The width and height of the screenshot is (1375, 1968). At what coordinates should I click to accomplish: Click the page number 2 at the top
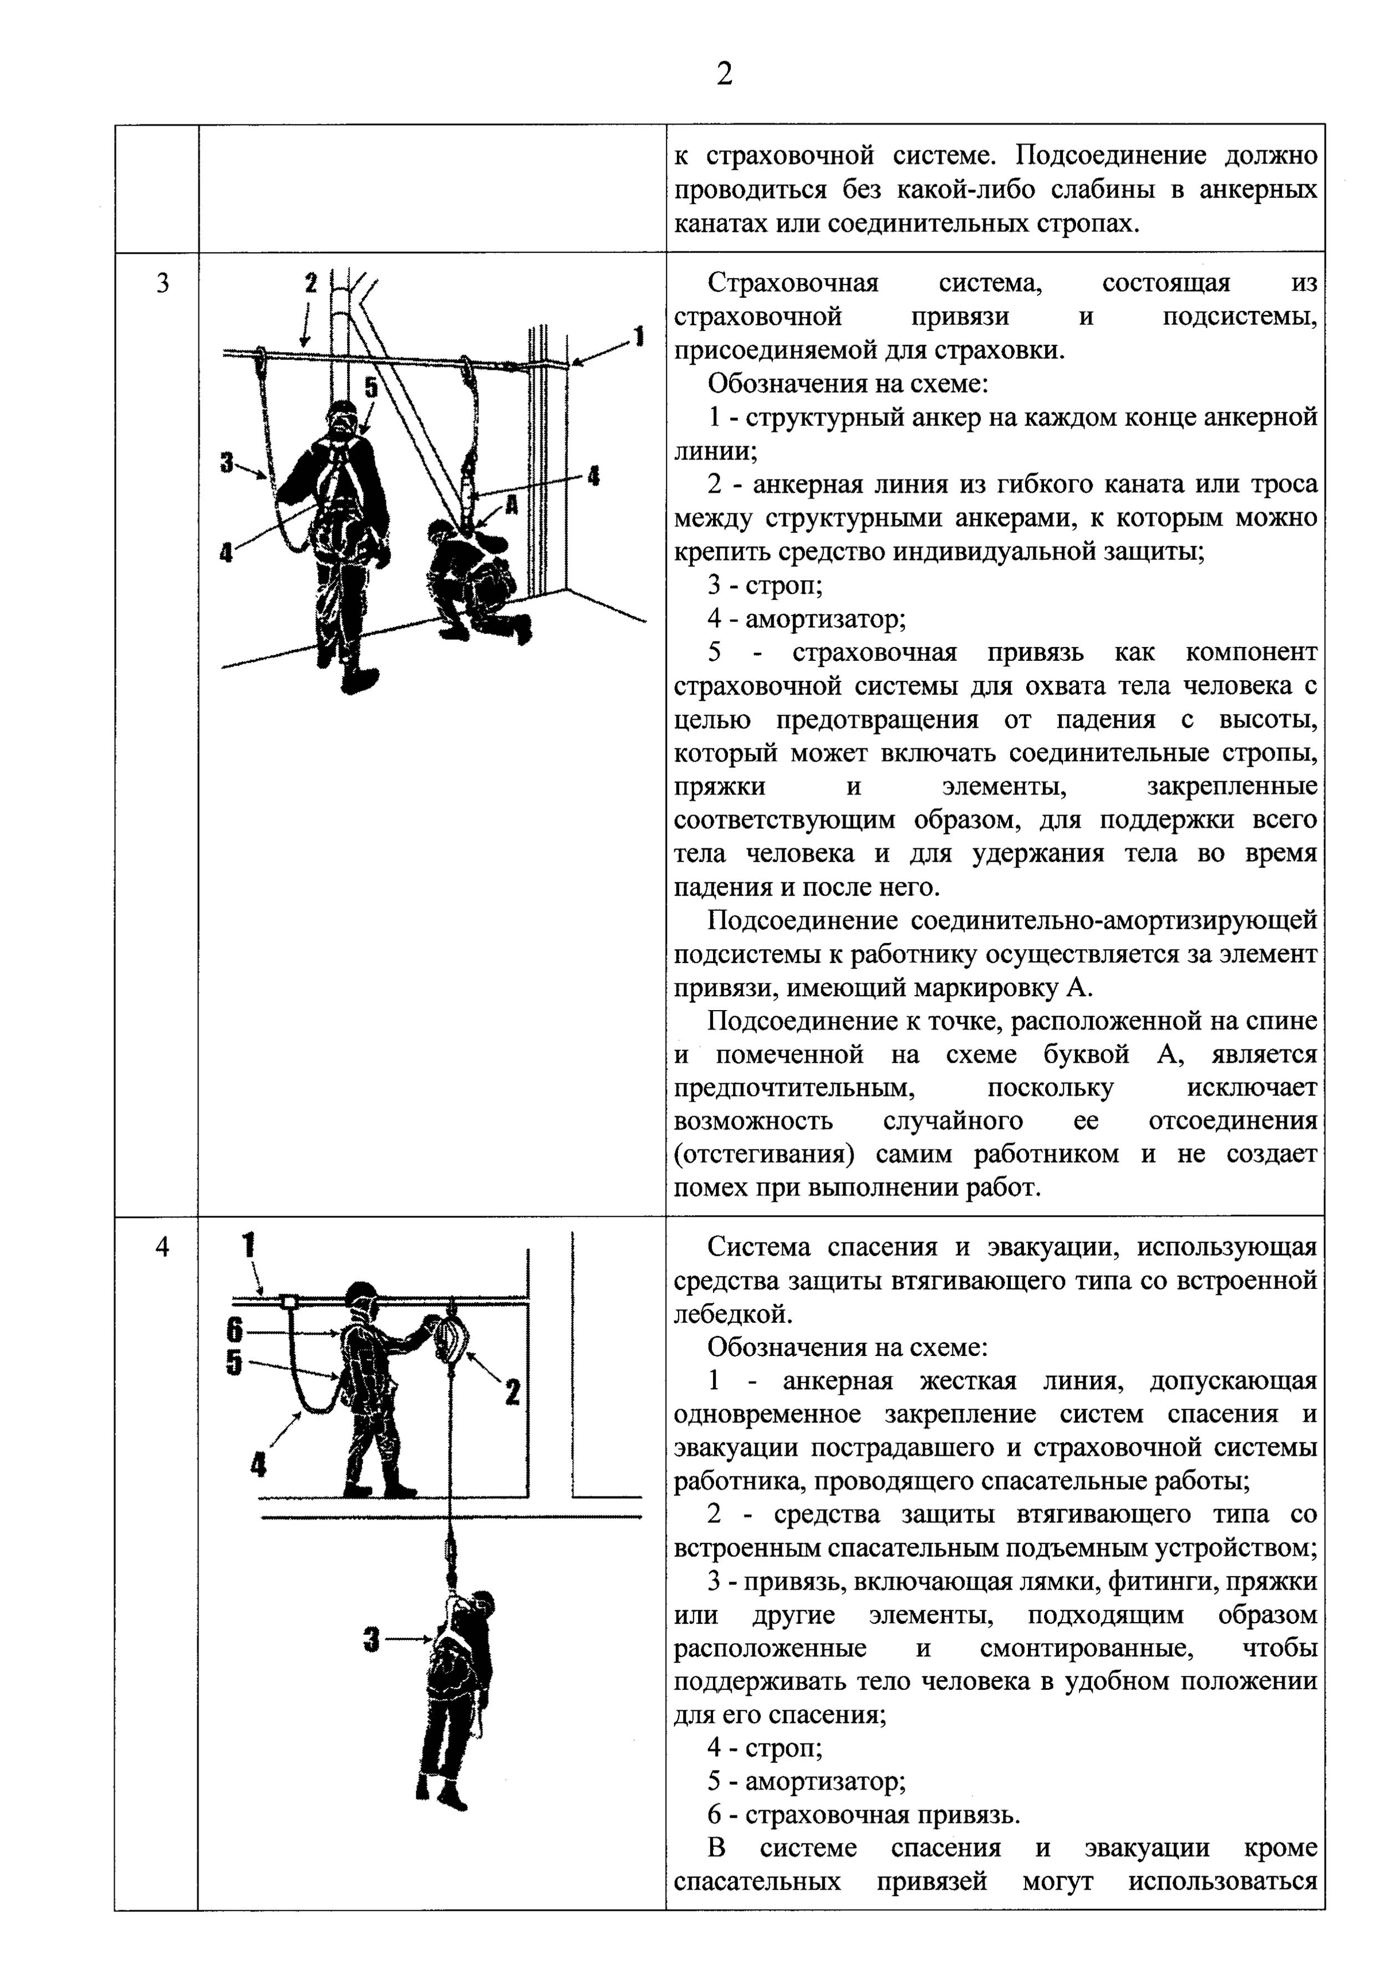coord(724,75)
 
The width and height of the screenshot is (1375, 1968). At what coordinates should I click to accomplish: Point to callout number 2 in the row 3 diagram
coord(311,282)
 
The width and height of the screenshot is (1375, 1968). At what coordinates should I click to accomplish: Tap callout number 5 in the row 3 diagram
coord(370,388)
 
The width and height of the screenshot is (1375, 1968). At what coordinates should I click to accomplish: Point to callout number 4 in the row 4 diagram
coord(257,1465)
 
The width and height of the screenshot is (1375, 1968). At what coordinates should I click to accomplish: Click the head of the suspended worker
coord(482,1601)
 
